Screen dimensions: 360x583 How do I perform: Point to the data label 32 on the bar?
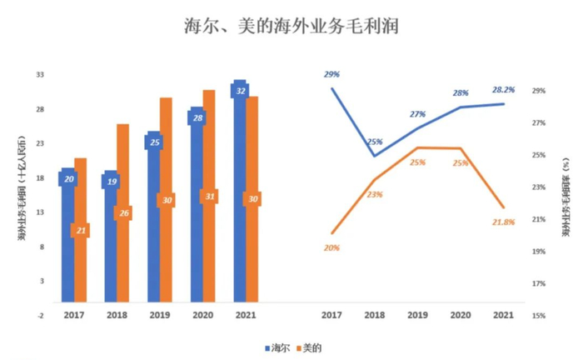coord(241,90)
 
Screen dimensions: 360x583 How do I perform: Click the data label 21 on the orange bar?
coord(81,230)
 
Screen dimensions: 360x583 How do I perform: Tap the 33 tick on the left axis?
coord(39,75)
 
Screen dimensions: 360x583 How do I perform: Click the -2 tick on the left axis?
coord(40,316)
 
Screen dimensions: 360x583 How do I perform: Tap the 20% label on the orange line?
coord(331,248)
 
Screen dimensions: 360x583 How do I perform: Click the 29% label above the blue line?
coord(331,75)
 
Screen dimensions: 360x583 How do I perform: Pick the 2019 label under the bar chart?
coord(159,316)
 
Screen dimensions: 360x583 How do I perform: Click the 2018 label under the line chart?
coord(373,316)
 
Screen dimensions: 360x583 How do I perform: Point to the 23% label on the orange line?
coord(375,194)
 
